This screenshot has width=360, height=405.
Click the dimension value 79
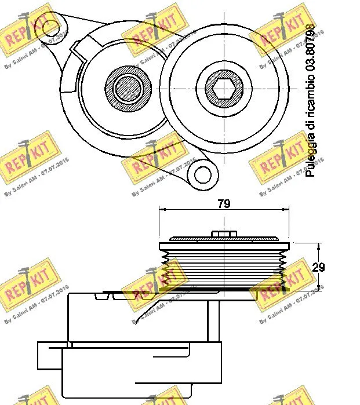tap(224, 203)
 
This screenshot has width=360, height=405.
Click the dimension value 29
tap(318, 267)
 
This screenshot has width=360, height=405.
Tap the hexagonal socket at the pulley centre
tap(224, 90)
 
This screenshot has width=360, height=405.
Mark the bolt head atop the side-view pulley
tap(224, 233)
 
